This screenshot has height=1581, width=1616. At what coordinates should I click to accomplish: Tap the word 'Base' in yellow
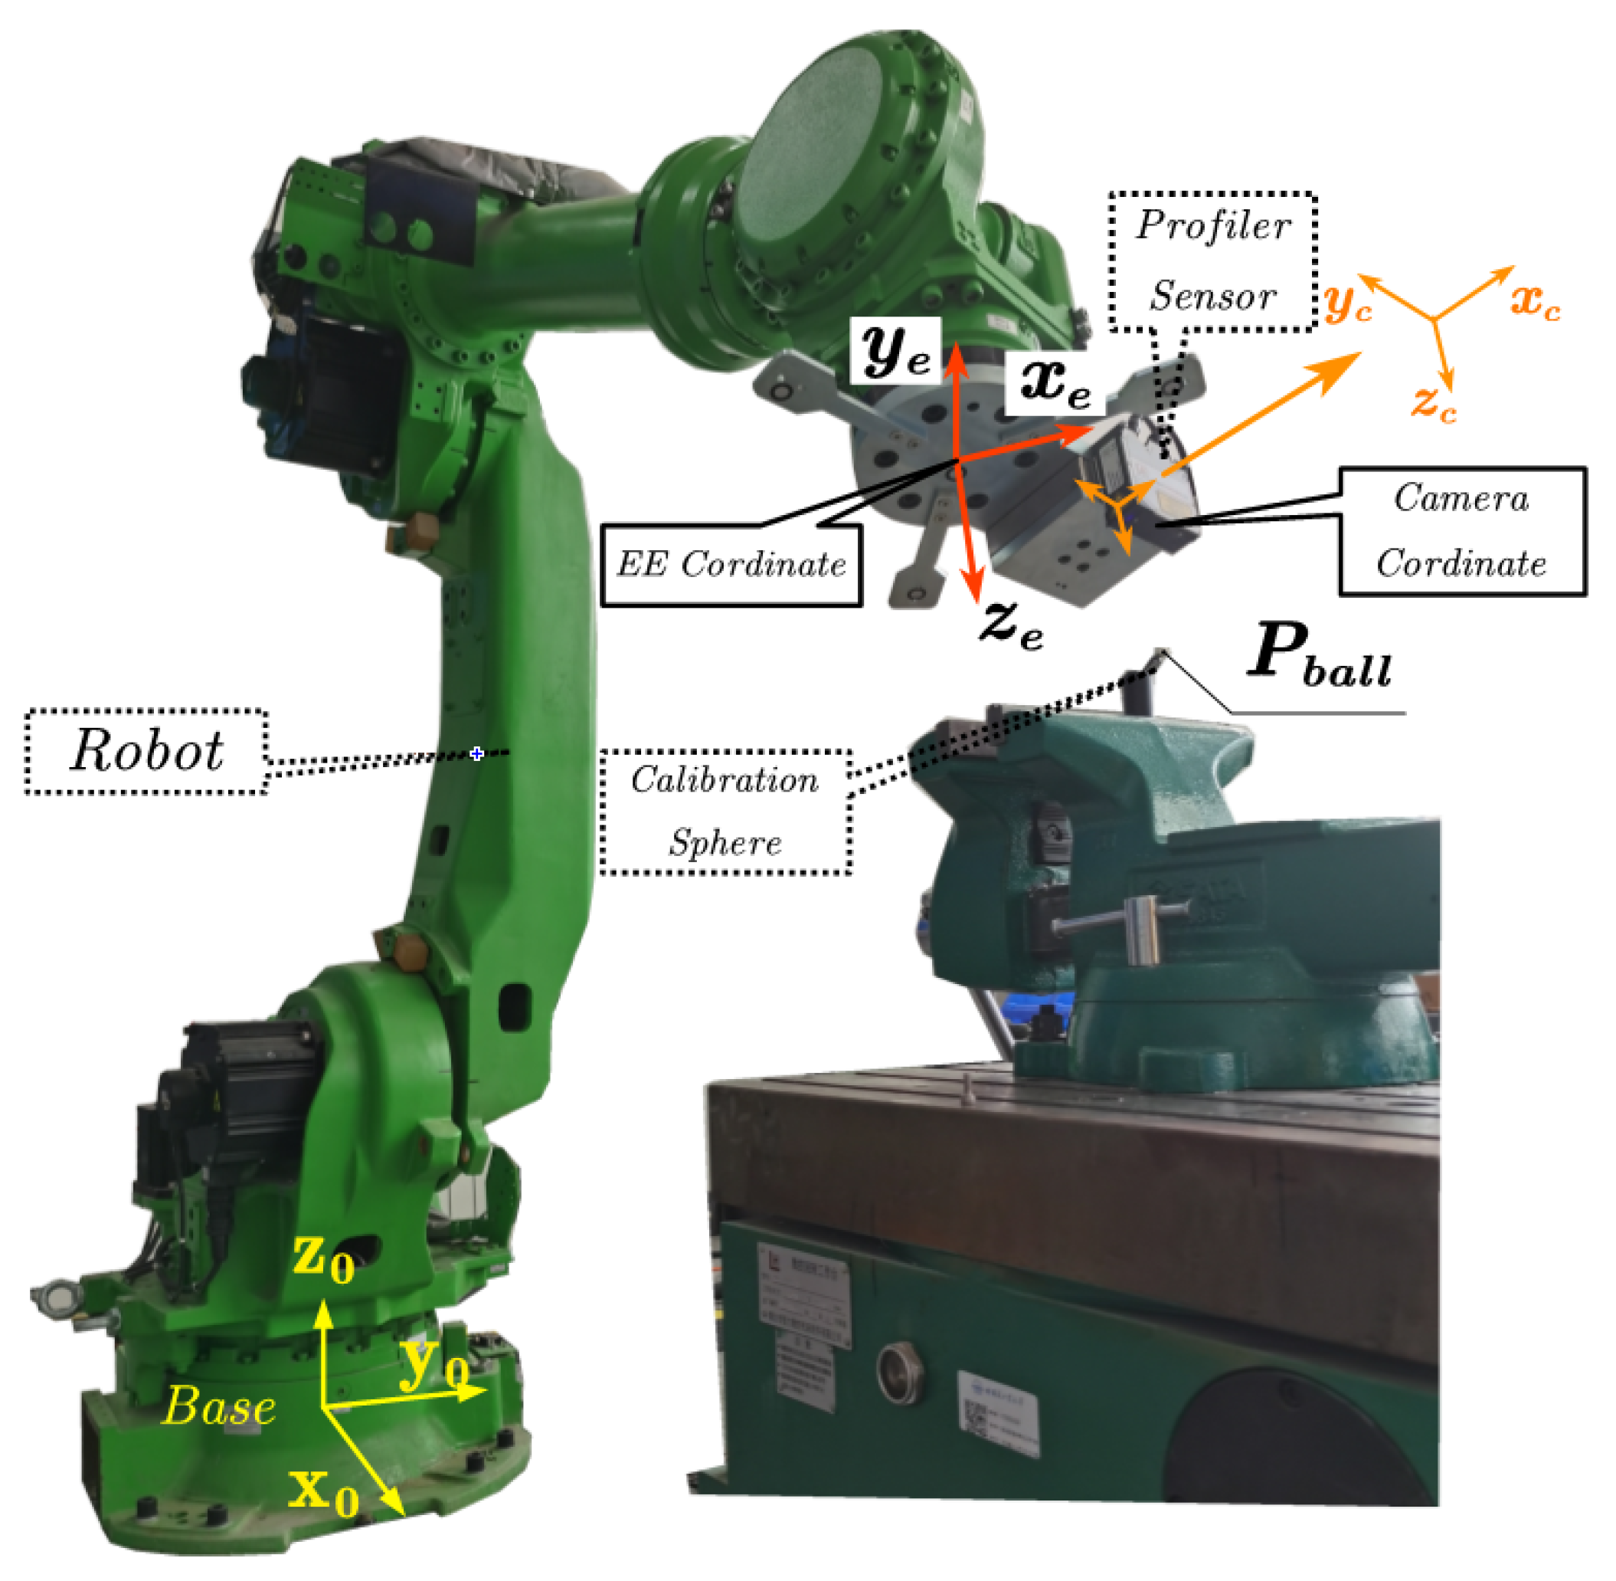tap(219, 1409)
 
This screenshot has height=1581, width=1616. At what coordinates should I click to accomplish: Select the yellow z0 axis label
tap(323, 1259)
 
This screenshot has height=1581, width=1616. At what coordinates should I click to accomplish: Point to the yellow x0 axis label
tap(323, 1491)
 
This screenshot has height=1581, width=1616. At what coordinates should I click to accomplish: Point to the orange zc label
tap(1434, 405)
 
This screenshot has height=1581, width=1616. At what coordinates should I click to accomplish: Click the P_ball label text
tap(1320, 656)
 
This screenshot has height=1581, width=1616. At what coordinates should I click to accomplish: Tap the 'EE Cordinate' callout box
tap(731, 565)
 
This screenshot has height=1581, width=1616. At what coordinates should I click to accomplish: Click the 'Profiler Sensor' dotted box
tap(1212, 261)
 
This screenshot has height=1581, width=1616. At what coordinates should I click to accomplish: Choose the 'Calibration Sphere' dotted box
tap(725, 812)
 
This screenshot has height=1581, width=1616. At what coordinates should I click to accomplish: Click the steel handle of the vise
tap(1142, 930)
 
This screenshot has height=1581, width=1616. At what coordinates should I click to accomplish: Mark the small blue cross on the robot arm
tap(476, 753)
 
